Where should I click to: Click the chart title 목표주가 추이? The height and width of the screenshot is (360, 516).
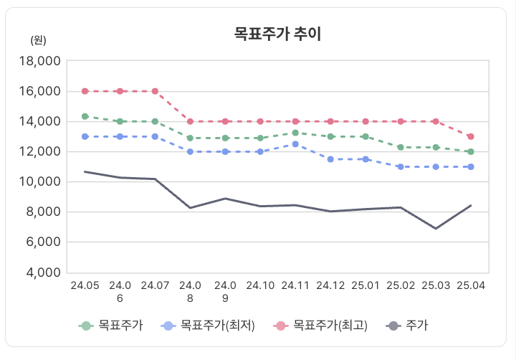[277, 34]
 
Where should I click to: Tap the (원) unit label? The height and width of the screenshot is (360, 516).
[39, 40]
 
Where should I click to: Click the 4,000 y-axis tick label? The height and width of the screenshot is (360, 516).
[40, 273]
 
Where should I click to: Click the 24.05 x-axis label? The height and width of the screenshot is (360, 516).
[85, 285]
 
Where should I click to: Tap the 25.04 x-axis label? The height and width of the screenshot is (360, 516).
[471, 285]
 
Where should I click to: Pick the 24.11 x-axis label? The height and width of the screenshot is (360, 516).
[295, 285]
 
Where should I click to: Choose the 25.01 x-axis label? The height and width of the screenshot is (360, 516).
[365, 285]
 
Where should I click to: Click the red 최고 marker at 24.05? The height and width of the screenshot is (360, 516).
[85, 91]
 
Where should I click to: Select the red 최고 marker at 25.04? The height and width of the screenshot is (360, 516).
[471, 136]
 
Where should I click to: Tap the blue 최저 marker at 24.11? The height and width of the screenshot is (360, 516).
[295, 144]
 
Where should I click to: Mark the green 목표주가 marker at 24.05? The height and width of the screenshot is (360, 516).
[85, 116]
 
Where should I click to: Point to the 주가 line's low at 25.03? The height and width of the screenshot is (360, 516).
[436, 229]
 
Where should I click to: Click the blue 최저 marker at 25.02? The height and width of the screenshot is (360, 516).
[401, 166]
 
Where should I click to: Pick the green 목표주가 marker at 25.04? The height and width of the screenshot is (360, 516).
[471, 151]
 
